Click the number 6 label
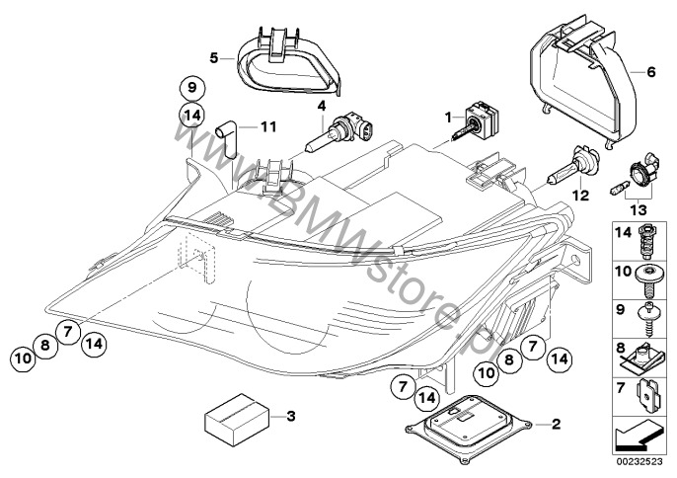click(651, 72)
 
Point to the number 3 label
click(289, 417)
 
